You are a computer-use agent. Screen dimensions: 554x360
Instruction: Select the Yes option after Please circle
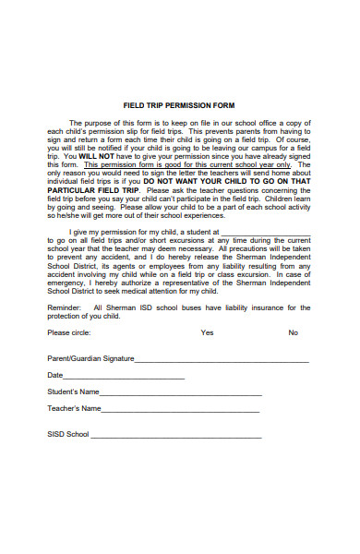[207, 332]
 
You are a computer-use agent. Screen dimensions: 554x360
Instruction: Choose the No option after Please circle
[293, 332]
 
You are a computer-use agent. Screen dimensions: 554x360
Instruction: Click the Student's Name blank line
[181, 394]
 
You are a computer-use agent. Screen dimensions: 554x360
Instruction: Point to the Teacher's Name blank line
[182, 410]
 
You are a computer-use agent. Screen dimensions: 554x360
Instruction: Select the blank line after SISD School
[175, 436]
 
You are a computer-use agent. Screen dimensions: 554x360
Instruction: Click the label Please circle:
[68, 332]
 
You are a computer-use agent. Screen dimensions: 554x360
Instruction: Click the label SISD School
[67, 434]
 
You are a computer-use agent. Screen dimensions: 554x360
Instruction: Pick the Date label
[54, 376]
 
